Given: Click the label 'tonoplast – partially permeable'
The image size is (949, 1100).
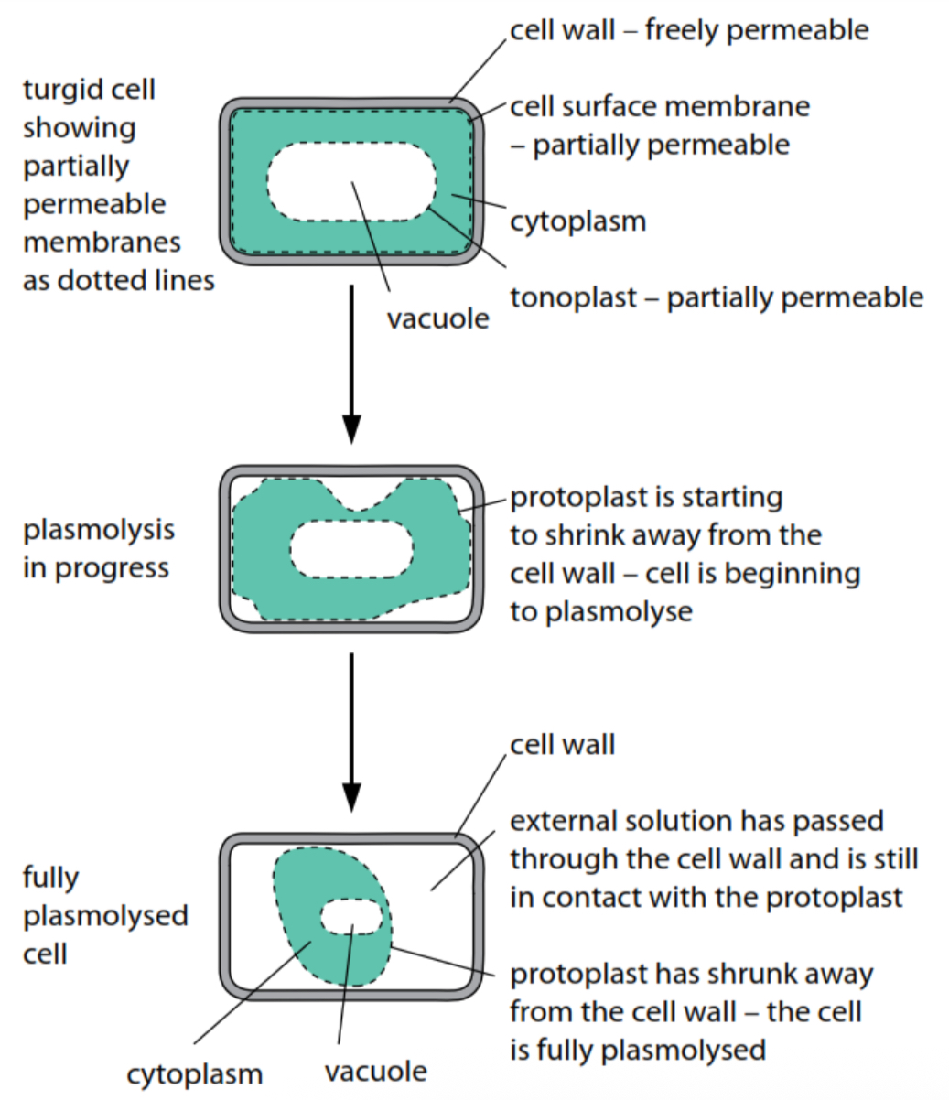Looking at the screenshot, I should (x=716, y=297).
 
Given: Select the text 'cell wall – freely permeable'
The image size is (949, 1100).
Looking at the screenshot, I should (x=688, y=30).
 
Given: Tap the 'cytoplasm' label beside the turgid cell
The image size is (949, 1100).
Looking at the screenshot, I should (x=577, y=221).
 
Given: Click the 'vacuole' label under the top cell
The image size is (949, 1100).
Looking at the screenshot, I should (x=437, y=318).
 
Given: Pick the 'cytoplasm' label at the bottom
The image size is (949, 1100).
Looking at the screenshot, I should (x=194, y=1073).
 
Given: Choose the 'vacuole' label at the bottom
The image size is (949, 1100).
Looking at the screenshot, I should (x=375, y=1071).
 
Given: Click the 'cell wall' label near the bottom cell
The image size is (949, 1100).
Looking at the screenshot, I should (x=562, y=744).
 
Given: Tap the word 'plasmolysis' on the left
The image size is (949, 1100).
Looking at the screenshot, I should (x=98, y=530).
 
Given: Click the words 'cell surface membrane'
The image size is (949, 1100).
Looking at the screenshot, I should (x=659, y=106).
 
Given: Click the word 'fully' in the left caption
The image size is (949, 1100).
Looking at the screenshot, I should (x=50, y=878).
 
